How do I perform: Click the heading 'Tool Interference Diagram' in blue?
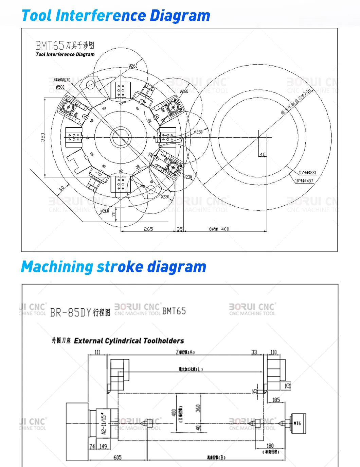point(115,16)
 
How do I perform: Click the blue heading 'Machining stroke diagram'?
point(113,267)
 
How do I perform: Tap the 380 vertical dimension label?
point(43,137)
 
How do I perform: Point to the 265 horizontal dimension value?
point(148,229)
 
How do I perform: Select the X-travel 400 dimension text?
point(219,229)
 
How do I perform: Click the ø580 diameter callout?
point(60,87)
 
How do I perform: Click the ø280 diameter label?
point(184,91)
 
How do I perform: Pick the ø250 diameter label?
point(198,132)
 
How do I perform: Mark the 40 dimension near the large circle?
point(263,155)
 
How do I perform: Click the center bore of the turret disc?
point(121,137)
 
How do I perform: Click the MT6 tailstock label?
point(298,423)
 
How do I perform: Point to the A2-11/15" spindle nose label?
point(104,423)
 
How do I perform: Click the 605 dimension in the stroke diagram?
point(118,457)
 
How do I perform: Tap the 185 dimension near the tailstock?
point(276,400)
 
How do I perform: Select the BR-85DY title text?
point(80,312)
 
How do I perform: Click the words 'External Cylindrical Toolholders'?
point(129,341)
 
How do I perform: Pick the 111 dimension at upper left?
point(97,352)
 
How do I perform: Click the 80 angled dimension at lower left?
point(61,189)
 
